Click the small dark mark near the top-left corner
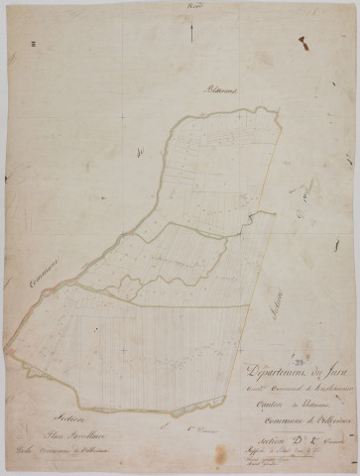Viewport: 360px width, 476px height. click(33, 43)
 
